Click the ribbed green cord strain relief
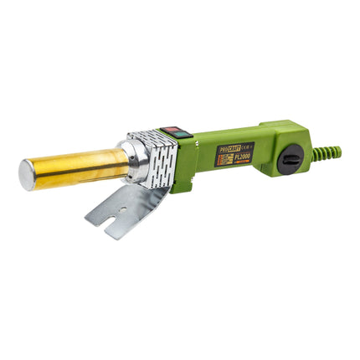click(329, 152)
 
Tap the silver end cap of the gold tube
click(28, 174)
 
